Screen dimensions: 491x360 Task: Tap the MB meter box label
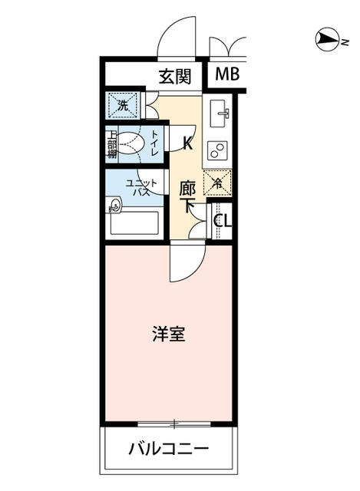[x=226, y=74]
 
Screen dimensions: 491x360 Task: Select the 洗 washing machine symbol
[x=122, y=104]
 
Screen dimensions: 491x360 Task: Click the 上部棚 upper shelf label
[x=112, y=143]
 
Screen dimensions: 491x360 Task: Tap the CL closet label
[x=222, y=221]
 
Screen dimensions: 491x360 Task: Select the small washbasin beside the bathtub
[x=115, y=206]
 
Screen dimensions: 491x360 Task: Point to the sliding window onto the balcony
[x=175, y=423]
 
